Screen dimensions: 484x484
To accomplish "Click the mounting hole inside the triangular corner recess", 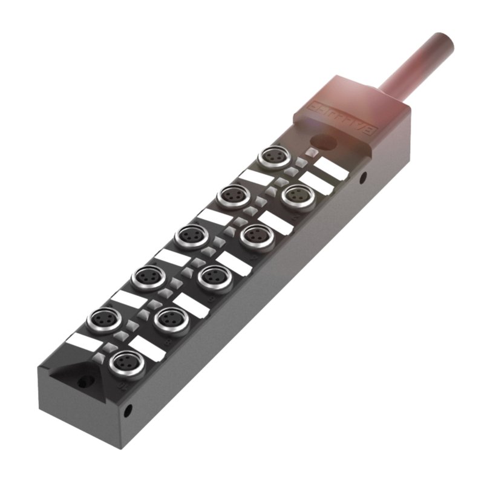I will pyautogui.click(x=83, y=382).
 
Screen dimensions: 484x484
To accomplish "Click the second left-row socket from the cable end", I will pyautogui.click(x=231, y=195).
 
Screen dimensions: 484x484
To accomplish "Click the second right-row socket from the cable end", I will pyautogui.click(x=253, y=234).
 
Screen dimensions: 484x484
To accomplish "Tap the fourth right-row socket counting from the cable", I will pyautogui.click(x=168, y=318).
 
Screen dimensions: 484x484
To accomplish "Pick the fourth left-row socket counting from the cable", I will pyautogui.click(x=146, y=276).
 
